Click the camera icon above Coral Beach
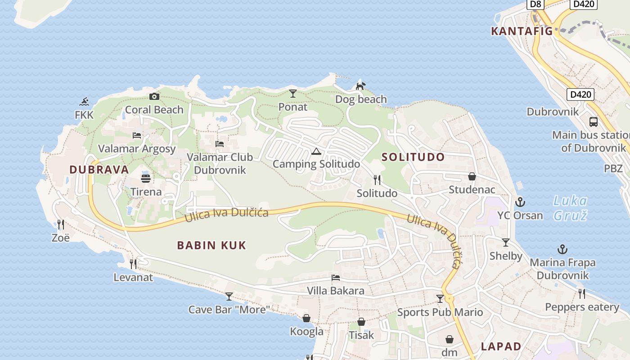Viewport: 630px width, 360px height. [154, 96]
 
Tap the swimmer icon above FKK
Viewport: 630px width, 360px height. [84, 102]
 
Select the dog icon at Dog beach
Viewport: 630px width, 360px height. [360, 85]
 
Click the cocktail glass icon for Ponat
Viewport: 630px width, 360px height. [293, 94]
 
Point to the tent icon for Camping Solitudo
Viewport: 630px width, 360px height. [316, 151]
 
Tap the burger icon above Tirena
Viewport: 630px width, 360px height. [145, 178]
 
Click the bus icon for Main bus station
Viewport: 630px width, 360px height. [594, 121]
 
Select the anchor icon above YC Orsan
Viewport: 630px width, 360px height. [520, 202]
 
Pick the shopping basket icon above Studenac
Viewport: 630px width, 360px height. [472, 176]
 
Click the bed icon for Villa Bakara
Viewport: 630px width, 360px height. [335, 278]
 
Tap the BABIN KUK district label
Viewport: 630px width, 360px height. [211, 245]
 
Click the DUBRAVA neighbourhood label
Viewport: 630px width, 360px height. [99, 170]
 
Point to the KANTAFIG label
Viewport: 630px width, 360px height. [522, 31]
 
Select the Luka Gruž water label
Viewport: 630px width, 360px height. [570, 208]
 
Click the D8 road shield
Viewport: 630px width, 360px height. [535, 4]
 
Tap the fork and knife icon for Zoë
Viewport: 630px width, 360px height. [60, 224]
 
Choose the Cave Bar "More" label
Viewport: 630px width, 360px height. [229, 310]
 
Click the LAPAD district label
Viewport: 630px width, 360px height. [501, 346]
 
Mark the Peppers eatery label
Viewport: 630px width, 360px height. [582, 307]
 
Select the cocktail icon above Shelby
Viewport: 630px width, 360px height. [506, 243]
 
